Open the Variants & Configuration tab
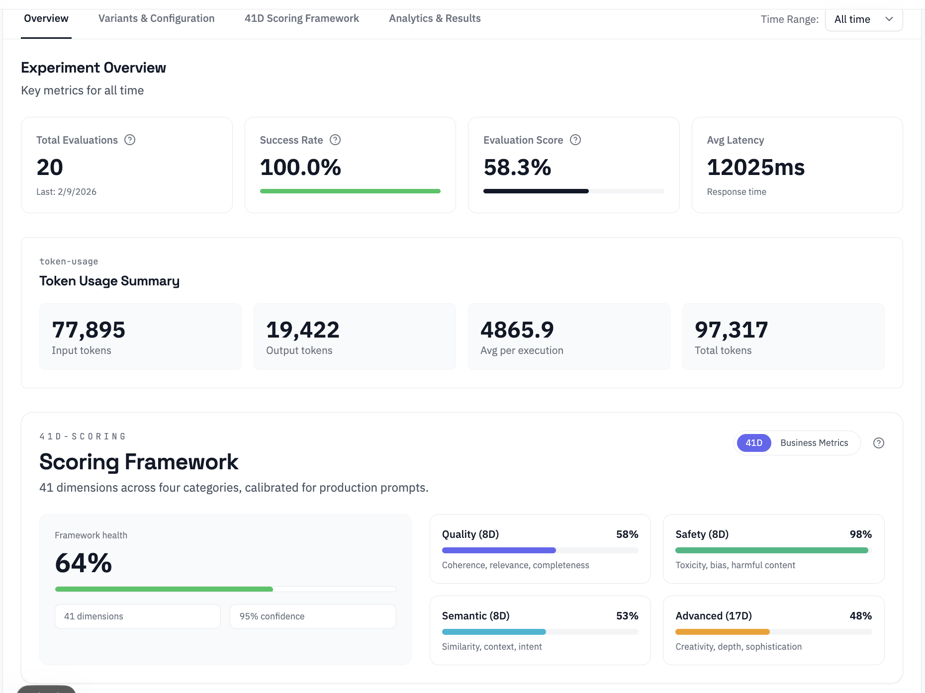tap(156, 18)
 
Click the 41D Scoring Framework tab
tap(301, 18)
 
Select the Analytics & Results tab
tap(435, 18)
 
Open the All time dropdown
tap(863, 19)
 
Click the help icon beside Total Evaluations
tap(130, 140)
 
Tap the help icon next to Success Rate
tap(335, 140)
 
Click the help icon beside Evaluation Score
tap(575, 140)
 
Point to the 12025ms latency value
tap(755, 167)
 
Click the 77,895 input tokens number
tap(89, 330)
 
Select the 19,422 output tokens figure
tap(302, 330)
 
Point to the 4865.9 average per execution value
tap(517, 330)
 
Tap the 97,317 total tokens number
tap(731, 330)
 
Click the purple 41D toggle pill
tap(753, 443)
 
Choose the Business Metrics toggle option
tap(814, 443)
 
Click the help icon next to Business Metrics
tap(879, 443)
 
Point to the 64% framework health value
tap(84, 563)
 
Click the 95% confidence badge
tap(313, 616)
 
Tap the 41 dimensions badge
tap(137, 616)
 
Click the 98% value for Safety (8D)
tap(860, 534)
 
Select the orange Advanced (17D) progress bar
tap(722, 632)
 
